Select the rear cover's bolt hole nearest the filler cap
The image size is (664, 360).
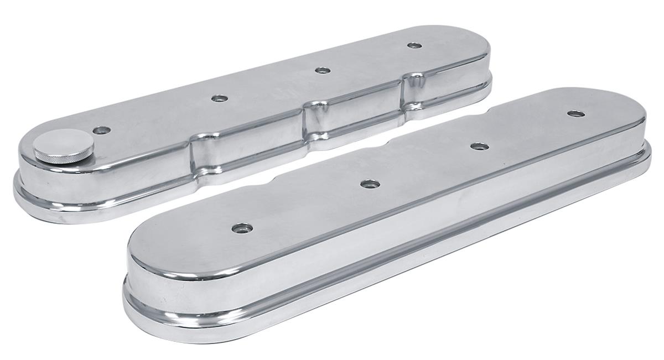click(101, 131)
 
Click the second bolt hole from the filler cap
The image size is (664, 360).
click(220, 98)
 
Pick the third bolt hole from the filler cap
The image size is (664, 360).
click(322, 70)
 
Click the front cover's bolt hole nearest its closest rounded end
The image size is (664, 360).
click(242, 228)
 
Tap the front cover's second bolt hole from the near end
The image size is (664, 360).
click(370, 184)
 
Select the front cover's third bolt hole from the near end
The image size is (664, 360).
click(479, 147)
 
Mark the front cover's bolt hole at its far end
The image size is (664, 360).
click(575, 114)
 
